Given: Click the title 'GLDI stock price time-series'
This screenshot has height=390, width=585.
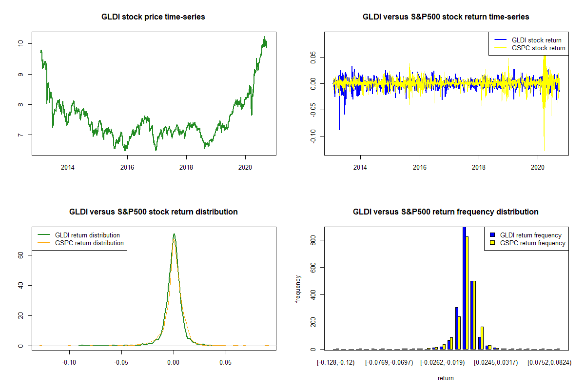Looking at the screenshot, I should (153, 17).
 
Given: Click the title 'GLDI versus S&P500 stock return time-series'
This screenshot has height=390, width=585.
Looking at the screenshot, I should (446, 17).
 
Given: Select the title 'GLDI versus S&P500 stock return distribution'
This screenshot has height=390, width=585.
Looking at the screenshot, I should (153, 212).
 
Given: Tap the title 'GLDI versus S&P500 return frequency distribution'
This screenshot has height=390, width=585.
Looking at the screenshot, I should (446, 212).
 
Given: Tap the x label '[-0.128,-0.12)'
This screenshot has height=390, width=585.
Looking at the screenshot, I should (336, 363).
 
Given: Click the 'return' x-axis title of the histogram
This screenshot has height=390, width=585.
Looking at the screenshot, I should (446, 378).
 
